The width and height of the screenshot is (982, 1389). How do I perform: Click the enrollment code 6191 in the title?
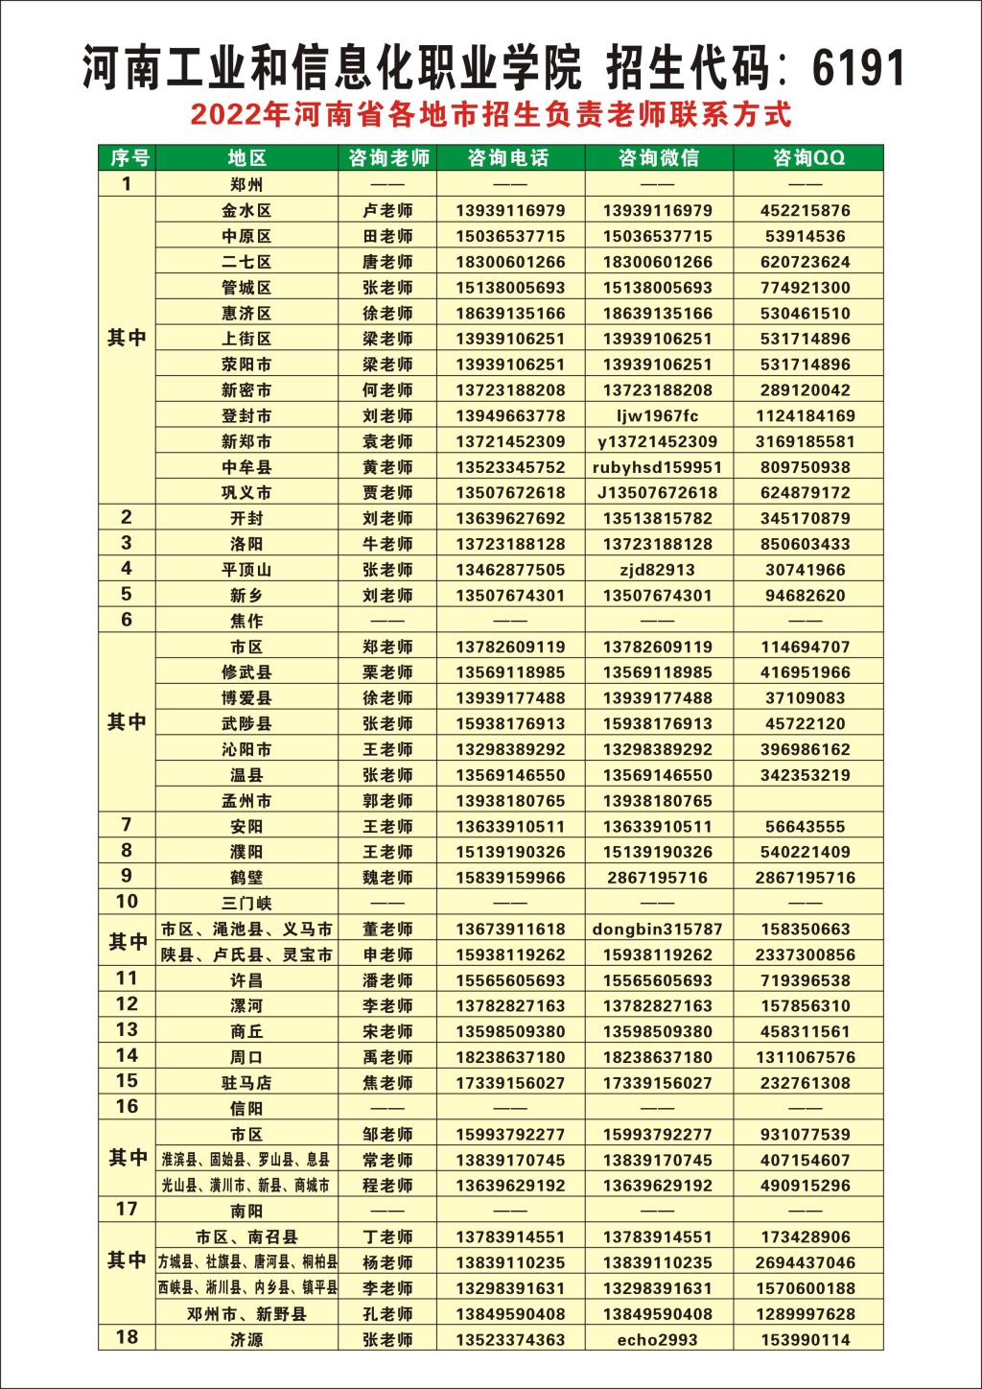[x=858, y=68]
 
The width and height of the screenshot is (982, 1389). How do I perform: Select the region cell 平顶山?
[x=246, y=570]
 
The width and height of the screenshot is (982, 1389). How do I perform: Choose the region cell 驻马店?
[x=246, y=1083]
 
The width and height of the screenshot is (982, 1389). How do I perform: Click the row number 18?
[x=127, y=1336]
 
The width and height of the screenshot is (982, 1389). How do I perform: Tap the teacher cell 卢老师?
[x=388, y=211]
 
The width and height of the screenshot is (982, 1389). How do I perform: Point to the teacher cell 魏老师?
[x=388, y=878]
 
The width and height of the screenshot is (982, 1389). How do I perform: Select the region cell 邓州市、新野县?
[x=246, y=1314]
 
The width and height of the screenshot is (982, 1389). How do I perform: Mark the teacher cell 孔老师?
[x=388, y=1314]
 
